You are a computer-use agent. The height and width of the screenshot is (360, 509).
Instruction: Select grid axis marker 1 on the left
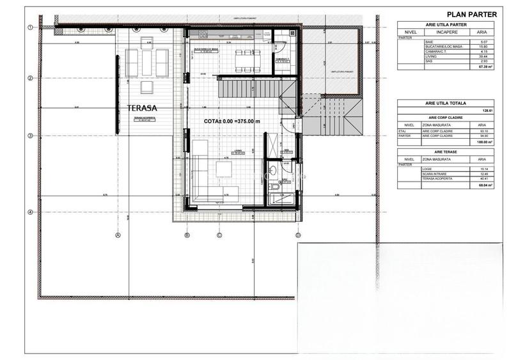point(30,27)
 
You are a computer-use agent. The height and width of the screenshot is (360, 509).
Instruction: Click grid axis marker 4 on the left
point(30,212)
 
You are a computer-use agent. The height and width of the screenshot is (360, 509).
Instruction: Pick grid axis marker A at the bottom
point(118,235)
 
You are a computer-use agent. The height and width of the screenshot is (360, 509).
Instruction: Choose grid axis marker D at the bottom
point(298,235)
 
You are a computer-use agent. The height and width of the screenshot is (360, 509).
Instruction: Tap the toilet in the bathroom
point(273,170)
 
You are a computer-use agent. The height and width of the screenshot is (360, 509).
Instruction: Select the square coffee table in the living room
point(224,168)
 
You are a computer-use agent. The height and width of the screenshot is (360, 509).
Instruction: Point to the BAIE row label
point(428,42)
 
